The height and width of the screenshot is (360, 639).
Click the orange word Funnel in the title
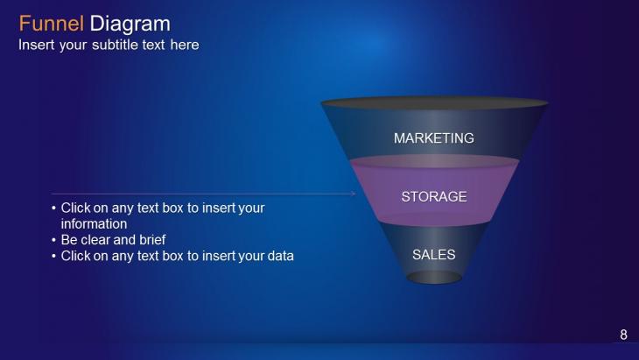pyautogui.click(x=52, y=24)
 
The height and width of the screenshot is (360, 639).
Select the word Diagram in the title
pyautogui.click(x=130, y=25)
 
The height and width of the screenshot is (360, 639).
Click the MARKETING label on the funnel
pyautogui.click(x=433, y=138)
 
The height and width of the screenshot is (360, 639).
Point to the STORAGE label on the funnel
pyautogui.click(x=434, y=196)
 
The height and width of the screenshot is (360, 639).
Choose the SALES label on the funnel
pyautogui.click(x=433, y=255)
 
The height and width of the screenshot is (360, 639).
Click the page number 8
pyautogui.click(x=623, y=335)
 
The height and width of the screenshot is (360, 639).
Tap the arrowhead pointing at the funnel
pyautogui.click(x=353, y=194)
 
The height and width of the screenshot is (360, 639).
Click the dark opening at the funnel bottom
pyautogui.click(x=434, y=278)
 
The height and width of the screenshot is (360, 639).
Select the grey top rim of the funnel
pyautogui.click(x=434, y=103)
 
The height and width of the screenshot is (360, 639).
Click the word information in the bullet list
pyautogui.click(x=94, y=224)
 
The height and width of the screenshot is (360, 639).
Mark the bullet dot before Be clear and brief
pyautogui.click(x=53, y=240)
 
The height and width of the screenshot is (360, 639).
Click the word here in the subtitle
pyautogui.click(x=185, y=45)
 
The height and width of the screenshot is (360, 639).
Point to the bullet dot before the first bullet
pyautogui.click(x=53, y=208)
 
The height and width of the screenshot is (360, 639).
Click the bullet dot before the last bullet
pyautogui.click(x=53, y=256)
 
